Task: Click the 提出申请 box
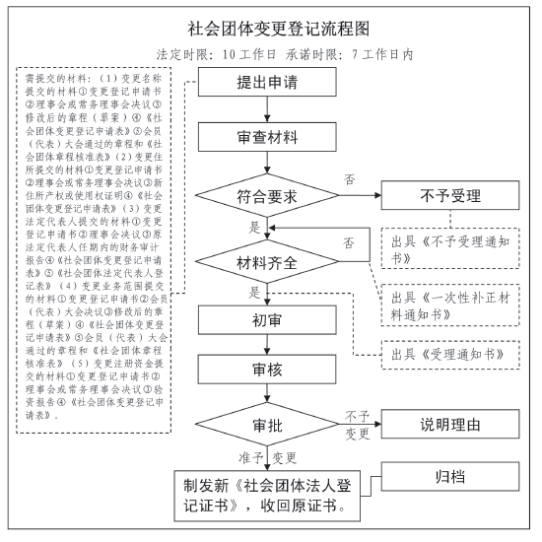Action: (267, 82)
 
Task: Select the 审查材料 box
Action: (267, 137)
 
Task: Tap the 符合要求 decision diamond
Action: (267, 196)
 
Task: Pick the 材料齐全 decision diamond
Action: (267, 262)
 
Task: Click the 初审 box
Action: (267, 320)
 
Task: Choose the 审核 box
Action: (267, 370)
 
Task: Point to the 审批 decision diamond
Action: (267, 425)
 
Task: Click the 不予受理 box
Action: (450, 195)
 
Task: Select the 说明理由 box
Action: (450, 424)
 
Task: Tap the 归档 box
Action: (450, 476)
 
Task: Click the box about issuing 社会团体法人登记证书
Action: (267, 496)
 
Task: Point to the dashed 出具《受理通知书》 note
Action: (450, 355)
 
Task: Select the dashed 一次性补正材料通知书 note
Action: (450, 305)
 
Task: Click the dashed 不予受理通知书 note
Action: (450, 248)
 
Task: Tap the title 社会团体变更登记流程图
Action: (279, 29)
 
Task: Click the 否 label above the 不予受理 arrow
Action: (350, 179)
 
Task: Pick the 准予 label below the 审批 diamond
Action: (251, 458)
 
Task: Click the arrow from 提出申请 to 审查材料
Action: (267, 109)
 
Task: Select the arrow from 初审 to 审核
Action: (267, 345)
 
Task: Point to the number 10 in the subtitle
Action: (229, 54)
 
